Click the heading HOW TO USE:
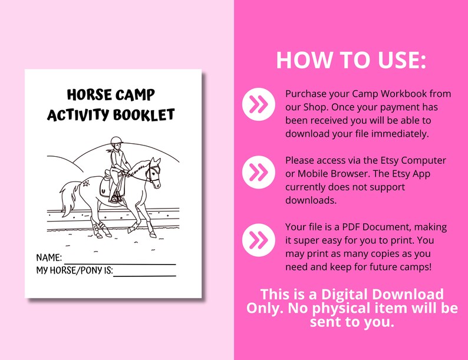pos(351,60)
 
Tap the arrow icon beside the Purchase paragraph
pos(258,105)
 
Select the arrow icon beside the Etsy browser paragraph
pos(258,171)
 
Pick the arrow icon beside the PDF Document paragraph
pos(258,239)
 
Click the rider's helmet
pos(115,141)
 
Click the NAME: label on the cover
pos(49,258)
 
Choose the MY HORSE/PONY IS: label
pos(74,270)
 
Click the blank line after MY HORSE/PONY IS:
pos(144,275)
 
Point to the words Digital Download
pos(382,294)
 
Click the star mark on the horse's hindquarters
pos(85,184)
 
